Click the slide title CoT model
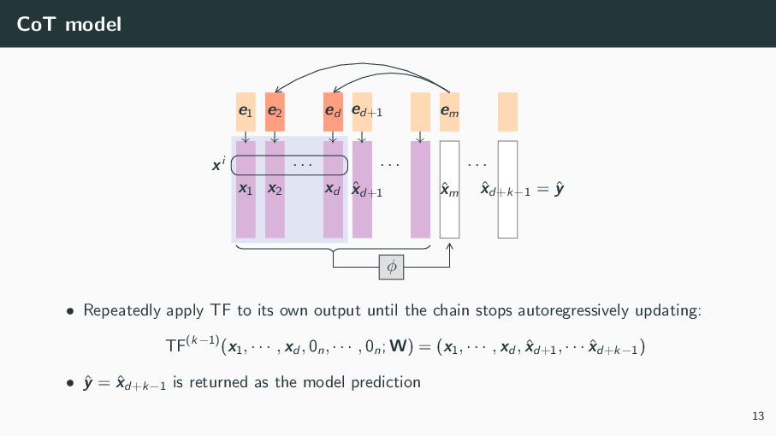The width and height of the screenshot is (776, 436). pos(68,25)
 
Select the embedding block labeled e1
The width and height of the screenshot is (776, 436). pos(245,111)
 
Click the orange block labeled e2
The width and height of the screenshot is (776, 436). pos(275,111)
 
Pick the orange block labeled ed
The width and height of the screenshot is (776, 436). pos(333,111)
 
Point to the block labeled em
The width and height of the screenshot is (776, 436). pos(449,111)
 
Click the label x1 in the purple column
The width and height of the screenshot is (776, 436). pos(245,189)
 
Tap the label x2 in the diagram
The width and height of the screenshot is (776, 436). pos(275,189)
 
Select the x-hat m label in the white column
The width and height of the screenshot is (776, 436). pos(449,191)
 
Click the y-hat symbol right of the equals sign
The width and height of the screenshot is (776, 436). pos(558,190)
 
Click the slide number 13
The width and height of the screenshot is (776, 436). pos(757,416)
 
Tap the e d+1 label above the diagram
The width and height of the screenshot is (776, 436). pos(367,111)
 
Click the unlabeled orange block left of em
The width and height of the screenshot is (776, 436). pos(420,111)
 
